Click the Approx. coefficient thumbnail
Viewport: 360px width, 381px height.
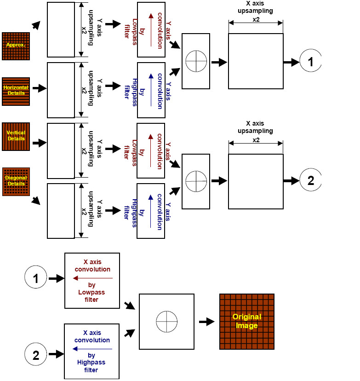point(16,46)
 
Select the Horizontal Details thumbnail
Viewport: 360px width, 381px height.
point(16,91)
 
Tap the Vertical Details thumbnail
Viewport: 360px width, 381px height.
point(16,137)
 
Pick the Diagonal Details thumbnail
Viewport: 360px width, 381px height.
point(16,181)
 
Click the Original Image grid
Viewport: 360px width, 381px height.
point(247,321)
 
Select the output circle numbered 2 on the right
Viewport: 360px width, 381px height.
point(311,180)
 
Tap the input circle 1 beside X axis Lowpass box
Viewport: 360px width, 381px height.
point(36,278)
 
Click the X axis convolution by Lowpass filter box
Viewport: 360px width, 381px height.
point(92,280)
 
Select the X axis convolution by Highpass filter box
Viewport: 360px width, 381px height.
point(91,351)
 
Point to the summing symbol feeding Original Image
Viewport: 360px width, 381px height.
point(166,321)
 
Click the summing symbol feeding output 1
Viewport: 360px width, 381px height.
point(196,61)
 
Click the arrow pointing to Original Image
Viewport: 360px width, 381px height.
point(207,322)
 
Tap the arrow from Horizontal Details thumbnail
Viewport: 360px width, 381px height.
point(40,88)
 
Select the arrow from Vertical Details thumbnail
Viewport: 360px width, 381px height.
point(40,143)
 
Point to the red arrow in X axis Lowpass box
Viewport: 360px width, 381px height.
point(92,278)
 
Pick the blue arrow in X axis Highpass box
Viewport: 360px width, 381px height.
point(91,349)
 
